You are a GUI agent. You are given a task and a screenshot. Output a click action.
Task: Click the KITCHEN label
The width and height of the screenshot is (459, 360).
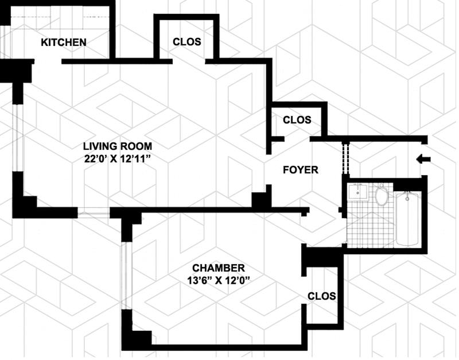pos(63,42)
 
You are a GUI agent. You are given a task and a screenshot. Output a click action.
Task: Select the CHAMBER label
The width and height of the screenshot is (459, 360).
pos(219,268)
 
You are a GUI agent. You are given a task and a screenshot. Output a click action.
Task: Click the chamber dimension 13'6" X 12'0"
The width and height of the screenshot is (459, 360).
pos(219,281)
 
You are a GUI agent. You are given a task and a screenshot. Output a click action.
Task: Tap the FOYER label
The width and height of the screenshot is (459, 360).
pos(300,170)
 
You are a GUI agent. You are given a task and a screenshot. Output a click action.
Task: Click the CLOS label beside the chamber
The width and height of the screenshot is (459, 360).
pos(321,296)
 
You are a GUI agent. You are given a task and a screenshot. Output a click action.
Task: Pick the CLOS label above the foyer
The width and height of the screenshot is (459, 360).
pos(297,120)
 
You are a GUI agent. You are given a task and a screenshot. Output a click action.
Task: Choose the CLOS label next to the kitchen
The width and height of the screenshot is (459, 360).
pos(187,41)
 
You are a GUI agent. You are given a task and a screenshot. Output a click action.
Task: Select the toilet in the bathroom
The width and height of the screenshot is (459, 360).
pos(382,196)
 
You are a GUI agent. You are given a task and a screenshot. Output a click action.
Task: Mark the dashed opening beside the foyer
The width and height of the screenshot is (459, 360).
pos(345,158)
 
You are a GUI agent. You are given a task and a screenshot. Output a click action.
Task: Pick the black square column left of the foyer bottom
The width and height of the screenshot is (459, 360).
pos(262,199)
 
